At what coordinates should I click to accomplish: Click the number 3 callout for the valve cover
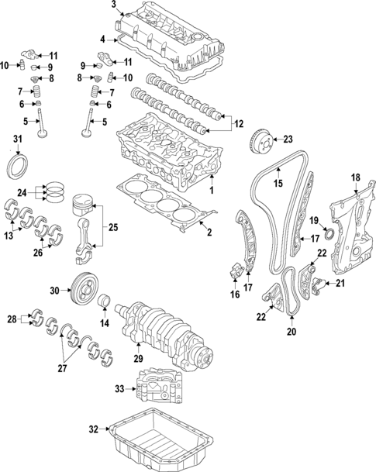click(114, 6)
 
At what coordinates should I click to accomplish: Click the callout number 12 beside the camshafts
click(238, 122)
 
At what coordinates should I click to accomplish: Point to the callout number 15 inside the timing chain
click(277, 184)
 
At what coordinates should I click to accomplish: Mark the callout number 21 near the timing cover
click(339, 284)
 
